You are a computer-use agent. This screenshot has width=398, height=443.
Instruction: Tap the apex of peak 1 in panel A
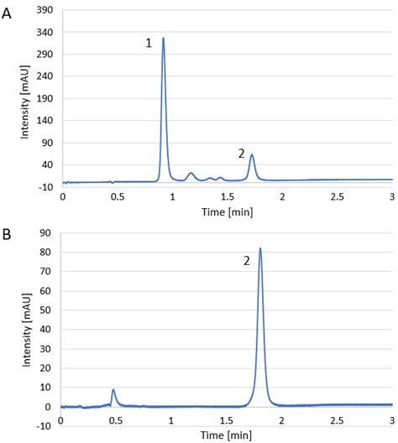click(x=163, y=39)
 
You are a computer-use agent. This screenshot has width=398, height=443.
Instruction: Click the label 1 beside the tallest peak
click(x=149, y=43)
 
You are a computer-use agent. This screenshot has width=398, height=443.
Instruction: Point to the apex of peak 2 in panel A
click(x=252, y=154)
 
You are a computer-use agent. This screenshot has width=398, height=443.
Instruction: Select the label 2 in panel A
click(x=241, y=154)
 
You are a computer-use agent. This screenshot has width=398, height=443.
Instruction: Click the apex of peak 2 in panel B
click(x=260, y=248)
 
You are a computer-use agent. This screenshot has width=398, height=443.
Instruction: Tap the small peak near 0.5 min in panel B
click(x=113, y=390)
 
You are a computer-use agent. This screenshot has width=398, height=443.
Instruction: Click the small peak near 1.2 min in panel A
click(x=191, y=174)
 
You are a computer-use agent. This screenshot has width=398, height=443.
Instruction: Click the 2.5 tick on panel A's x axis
click(x=337, y=196)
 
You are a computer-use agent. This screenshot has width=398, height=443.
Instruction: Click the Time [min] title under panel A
click(x=228, y=211)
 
